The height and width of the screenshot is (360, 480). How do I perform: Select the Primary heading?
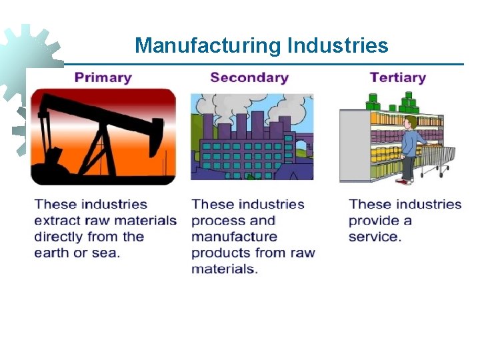[x=103, y=77]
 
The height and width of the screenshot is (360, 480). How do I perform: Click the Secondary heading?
[x=249, y=77]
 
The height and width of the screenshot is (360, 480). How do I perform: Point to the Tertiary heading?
[x=398, y=77]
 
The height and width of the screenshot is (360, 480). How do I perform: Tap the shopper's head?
[x=411, y=123]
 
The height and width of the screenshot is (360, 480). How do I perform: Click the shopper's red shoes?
[x=403, y=180]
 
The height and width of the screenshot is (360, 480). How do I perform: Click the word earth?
[x=52, y=253]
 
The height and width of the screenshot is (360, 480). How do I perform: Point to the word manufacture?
[x=234, y=237]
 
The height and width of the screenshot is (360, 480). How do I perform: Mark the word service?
[x=375, y=237]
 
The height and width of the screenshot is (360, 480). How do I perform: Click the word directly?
[x=63, y=237]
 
